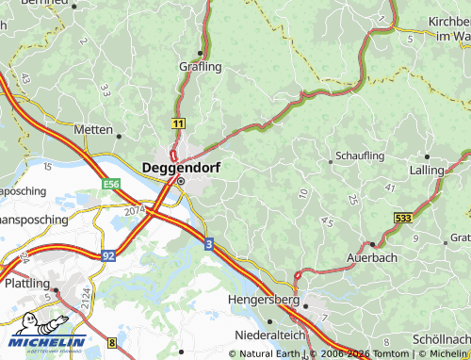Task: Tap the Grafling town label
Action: pyautogui.click(x=200, y=67)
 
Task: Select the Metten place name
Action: pyautogui.click(x=93, y=130)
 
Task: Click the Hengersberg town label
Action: pyautogui.click(x=264, y=301)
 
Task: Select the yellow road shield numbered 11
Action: pyautogui.click(x=178, y=123)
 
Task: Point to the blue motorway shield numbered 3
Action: pyautogui.click(x=208, y=242)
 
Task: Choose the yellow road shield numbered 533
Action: pyautogui.click(x=402, y=219)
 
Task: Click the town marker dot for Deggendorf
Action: pyautogui.click(x=181, y=181)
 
